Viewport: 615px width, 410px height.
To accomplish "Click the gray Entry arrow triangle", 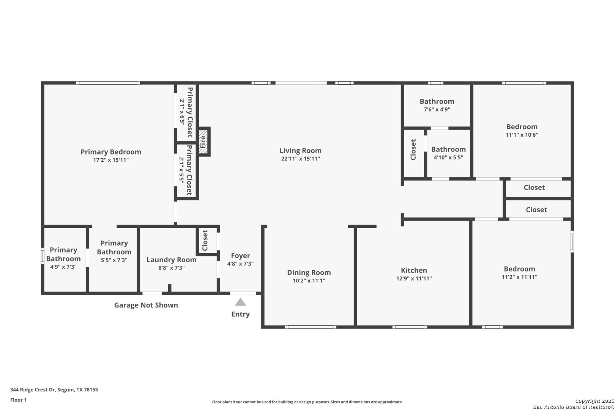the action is click(x=240, y=302).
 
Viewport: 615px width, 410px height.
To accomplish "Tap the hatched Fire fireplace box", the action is click(x=203, y=142).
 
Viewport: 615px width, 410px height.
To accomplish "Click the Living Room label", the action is click(x=300, y=150).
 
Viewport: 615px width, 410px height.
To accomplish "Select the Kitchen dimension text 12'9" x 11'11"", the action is click(x=414, y=278).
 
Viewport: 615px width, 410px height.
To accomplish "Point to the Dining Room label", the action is click(x=309, y=273).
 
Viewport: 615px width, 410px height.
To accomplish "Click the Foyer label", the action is click(x=240, y=255).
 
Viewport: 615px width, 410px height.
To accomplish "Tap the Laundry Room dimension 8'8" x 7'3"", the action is click(x=171, y=268).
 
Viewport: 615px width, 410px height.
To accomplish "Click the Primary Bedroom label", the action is click(x=110, y=152).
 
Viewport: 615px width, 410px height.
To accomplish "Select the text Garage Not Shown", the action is click(x=146, y=305).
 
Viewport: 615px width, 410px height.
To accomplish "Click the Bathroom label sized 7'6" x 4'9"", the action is click(x=437, y=101).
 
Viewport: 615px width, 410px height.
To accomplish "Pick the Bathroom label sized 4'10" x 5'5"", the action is click(x=448, y=150).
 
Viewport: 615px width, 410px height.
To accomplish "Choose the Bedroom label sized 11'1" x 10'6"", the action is click(x=522, y=127).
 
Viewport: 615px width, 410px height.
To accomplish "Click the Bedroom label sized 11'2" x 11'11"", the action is click(x=519, y=269).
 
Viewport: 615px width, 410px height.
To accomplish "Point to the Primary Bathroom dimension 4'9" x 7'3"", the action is click(x=63, y=267).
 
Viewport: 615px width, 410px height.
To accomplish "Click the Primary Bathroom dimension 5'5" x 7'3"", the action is click(x=114, y=260).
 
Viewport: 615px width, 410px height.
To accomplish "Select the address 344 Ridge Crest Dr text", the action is click(x=33, y=389).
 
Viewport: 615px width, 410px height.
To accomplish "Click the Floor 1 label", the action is click(x=18, y=400).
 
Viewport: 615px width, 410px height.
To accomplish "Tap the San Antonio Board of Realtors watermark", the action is click(x=574, y=407).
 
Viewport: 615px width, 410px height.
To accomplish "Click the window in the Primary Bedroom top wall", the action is click(x=108, y=83).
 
